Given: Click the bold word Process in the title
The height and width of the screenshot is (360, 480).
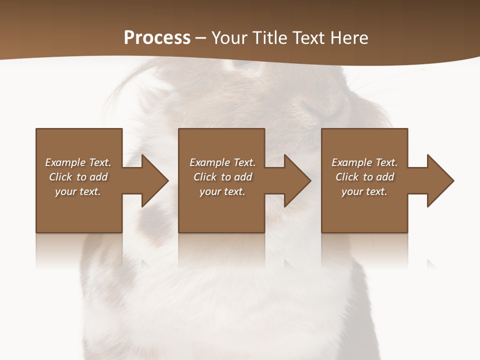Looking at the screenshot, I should [x=157, y=38].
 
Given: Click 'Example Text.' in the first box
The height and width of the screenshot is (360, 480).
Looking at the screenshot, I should [x=78, y=162].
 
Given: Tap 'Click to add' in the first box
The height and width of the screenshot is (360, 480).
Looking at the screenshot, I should [x=78, y=177].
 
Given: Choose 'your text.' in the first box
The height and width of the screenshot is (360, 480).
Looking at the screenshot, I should [x=78, y=191].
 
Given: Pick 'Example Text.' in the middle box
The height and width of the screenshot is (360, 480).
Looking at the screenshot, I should [x=222, y=162].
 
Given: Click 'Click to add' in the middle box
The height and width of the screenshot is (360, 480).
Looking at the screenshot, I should [x=222, y=177].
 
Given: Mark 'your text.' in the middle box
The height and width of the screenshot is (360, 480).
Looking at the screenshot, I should [x=222, y=191].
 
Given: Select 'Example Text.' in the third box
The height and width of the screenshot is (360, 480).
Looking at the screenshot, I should [x=364, y=162].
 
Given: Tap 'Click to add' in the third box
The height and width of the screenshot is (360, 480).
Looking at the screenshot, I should [x=364, y=177].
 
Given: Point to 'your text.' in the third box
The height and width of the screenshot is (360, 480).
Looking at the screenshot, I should [x=364, y=191].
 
